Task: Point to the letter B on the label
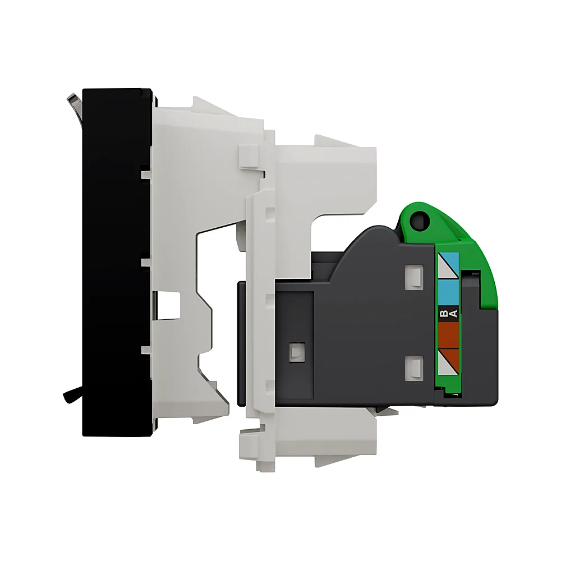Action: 444,314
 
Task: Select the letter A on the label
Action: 454,314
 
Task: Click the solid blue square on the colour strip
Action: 449,293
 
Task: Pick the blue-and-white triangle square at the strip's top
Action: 449,265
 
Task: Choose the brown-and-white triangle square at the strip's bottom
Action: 449,361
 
